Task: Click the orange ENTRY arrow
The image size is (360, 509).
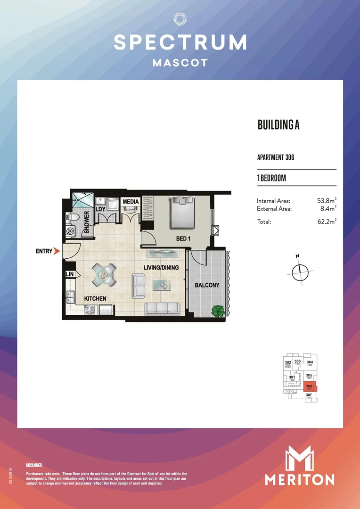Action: [x=57, y=251]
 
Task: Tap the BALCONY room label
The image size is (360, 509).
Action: [x=207, y=285]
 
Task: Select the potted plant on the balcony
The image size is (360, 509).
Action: [x=218, y=311]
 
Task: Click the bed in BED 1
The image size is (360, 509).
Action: [x=183, y=213]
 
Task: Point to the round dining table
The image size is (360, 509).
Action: [x=104, y=274]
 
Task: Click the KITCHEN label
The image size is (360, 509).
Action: [x=95, y=299]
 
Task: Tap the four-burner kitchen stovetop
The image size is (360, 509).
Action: [x=90, y=310]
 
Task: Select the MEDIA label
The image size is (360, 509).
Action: [x=131, y=202]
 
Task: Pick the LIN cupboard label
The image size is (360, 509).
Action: [x=70, y=274]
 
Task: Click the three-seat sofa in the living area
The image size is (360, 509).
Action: [x=162, y=308]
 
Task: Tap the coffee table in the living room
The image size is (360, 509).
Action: [x=163, y=284]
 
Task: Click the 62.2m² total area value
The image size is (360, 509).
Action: [x=327, y=222]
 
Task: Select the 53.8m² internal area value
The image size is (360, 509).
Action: [x=327, y=201]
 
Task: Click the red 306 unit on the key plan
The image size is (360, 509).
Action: [x=310, y=387]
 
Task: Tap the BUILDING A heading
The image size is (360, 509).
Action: [x=278, y=125]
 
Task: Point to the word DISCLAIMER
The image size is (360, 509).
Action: [x=34, y=465]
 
